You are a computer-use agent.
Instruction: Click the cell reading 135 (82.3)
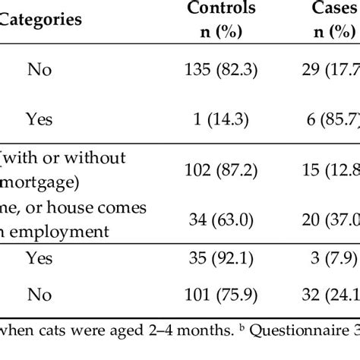click(x=221, y=70)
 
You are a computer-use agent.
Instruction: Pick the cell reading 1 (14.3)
click(x=221, y=118)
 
